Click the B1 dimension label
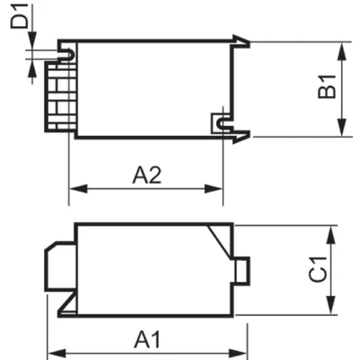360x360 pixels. click(328, 87)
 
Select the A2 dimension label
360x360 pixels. click(146, 175)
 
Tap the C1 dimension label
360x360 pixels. click(319, 269)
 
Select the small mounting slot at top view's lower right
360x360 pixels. click(219, 121)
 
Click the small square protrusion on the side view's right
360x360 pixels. click(240, 268)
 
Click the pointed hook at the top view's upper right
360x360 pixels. click(240, 40)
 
